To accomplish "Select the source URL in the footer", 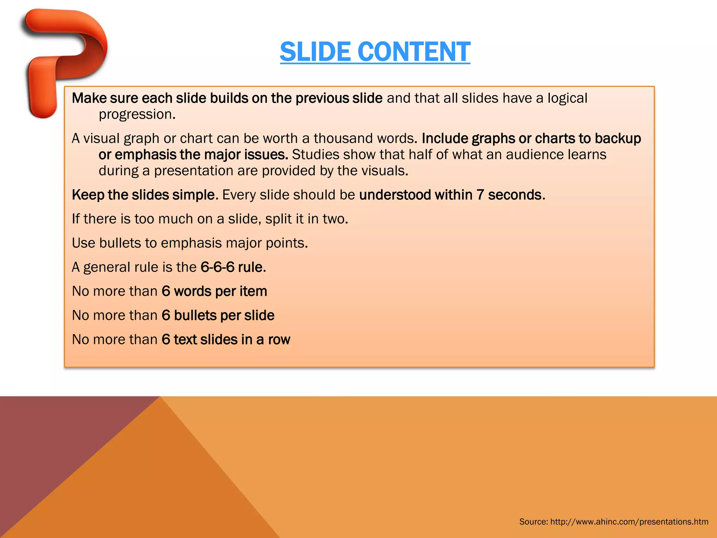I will (629, 522).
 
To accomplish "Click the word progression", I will (137, 115).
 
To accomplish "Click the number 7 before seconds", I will (480, 195).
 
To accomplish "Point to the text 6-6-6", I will (217, 267).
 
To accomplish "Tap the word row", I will (279, 340).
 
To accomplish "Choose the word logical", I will (567, 98).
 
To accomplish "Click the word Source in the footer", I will (533, 522).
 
